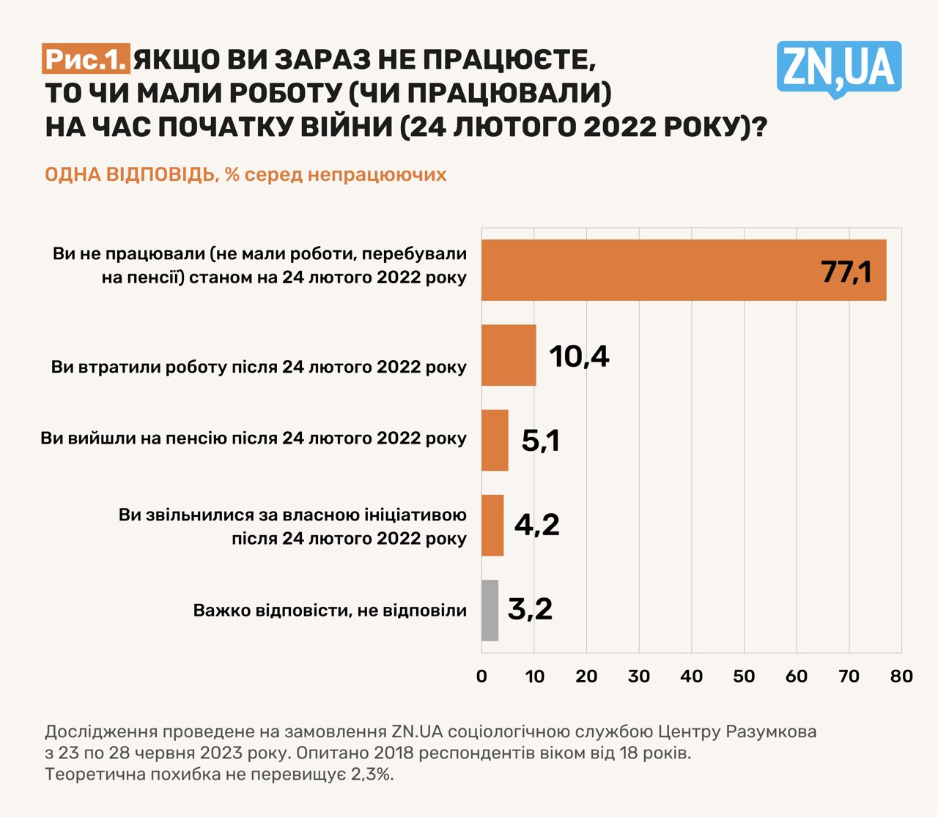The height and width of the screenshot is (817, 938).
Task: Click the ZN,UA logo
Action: click(x=838, y=67)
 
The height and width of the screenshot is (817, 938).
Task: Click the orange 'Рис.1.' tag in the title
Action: click(x=86, y=59)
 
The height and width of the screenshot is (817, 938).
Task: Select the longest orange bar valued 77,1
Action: click(x=683, y=270)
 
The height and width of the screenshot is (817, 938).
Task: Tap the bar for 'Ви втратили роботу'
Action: click(x=509, y=355)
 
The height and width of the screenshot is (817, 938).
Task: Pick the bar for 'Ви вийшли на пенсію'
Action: click(x=495, y=440)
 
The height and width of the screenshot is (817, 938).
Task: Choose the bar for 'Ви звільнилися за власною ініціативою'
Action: click(x=492, y=525)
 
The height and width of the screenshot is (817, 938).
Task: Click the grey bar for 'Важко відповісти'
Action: click(x=490, y=610)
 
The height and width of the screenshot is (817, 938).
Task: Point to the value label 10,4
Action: click(x=579, y=356)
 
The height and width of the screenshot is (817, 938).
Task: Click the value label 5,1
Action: click(x=541, y=441)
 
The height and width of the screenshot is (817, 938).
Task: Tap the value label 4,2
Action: click(x=537, y=525)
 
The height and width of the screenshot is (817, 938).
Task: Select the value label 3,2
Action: click(x=530, y=609)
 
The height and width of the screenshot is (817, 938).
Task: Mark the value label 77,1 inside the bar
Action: click(x=846, y=272)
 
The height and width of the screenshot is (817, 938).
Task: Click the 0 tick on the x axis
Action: click(x=481, y=676)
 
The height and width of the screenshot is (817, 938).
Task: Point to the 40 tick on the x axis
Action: click(x=691, y=676)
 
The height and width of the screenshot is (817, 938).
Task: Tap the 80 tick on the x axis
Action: click(x=901, y=676)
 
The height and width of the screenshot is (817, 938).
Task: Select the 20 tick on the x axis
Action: click(x=586, y=676)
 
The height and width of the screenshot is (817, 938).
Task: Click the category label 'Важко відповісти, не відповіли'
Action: click(x=330, y=610)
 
